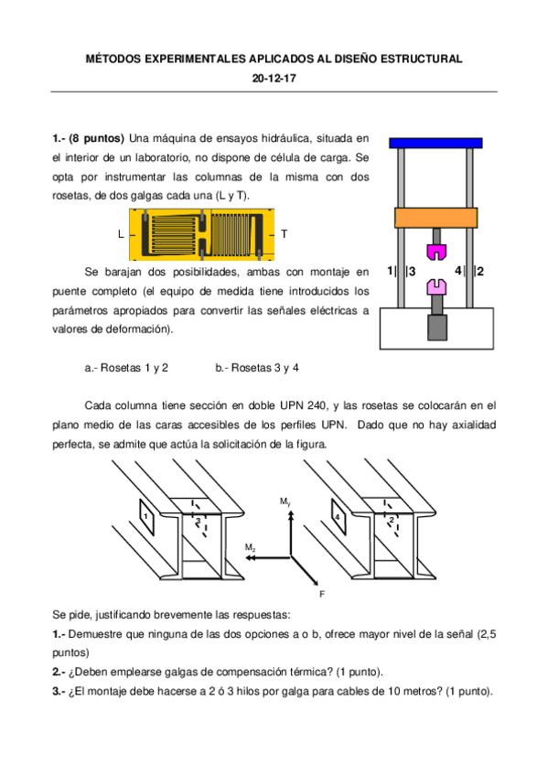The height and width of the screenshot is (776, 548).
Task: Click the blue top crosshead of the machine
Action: point(435,143)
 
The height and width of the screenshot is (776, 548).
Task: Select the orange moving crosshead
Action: point(435,218)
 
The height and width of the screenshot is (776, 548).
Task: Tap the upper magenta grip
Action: point(436,250)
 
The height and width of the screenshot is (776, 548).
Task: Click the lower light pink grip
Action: point(436,287)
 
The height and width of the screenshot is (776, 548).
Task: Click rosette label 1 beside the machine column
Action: point(390,271)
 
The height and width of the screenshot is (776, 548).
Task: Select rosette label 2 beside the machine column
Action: point(480,271)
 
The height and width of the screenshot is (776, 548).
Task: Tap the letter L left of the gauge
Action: point(120,234)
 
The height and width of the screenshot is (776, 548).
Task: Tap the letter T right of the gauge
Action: point(285,234)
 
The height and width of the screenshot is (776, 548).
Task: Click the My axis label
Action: point(285,502)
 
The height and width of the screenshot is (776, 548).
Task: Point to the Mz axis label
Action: point(250,546)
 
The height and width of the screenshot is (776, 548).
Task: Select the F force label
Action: point(322,593)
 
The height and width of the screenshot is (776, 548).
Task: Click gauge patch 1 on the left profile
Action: point(145,517)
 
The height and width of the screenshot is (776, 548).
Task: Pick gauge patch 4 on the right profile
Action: point(338,517)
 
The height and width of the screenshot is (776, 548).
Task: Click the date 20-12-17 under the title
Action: point(274,79)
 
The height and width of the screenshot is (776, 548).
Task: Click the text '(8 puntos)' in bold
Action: point(97,138)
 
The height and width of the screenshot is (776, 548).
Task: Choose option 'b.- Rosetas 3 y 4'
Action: point(257,368)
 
